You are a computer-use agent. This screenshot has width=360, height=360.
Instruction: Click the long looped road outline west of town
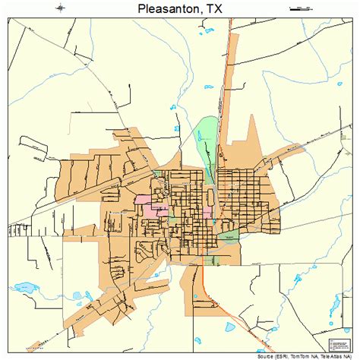30,148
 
